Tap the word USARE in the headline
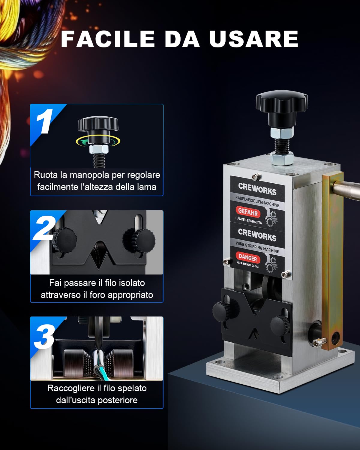pyautogui.click(x=253, y=39)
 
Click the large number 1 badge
pyautogui.click(x=44, y=121)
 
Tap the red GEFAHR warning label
pyautogui.click(x=248, y=212)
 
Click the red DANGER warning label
pyautogui.click(x=248, y=258)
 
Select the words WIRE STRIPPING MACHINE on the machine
pyautogui.click(x=257, y=247)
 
